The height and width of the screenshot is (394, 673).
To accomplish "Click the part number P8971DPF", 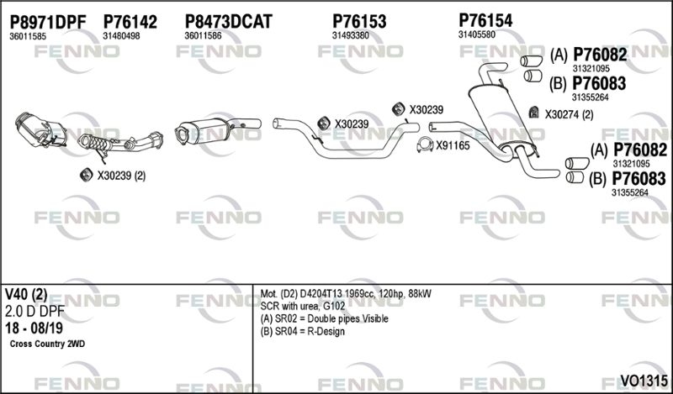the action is tap(48, 22).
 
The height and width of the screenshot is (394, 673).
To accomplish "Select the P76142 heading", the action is tap(130, 22).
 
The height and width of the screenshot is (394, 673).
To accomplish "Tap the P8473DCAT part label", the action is tap(228, 22).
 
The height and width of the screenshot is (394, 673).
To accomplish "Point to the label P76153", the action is tap(359, 22).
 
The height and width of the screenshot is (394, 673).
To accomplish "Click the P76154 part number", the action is tap(485, 20).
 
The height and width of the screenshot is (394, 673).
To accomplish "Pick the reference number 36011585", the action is tap(28, 36).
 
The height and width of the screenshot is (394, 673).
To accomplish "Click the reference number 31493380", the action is tap(350, 36).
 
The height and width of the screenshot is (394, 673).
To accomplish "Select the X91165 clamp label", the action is tap(453, 146).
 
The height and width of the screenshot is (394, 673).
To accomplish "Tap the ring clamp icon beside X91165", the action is tap(425, 145).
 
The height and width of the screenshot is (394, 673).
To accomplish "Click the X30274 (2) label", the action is tap(570, 115).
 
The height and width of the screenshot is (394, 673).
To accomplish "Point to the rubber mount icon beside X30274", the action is tap(533, 113).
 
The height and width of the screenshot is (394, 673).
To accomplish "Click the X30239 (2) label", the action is tap(121, 176).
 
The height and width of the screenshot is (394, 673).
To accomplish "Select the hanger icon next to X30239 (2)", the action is tap(87, 175).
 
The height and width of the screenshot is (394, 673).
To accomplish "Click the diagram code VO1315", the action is tap(644, 381).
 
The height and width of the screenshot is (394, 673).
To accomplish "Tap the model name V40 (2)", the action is tap(26, 294).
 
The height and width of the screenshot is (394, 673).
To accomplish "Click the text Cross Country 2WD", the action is tap(47, 344).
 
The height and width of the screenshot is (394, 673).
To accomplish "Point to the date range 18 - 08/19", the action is tap(34, 328).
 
